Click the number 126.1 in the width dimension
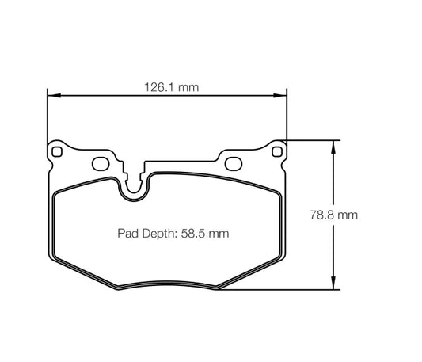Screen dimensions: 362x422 click(158, 87)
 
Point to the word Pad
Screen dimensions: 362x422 click(128, 234)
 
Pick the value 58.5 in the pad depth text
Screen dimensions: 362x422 click(195, 234)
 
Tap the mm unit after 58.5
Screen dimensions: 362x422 click(221, 234)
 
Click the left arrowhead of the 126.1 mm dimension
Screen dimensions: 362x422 click(53, 97)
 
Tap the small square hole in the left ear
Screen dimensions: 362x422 click(58, 151)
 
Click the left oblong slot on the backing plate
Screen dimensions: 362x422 click(101, 164)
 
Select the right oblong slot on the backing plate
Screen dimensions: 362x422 click(233, 164)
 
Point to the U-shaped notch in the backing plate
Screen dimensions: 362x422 click(134, 184)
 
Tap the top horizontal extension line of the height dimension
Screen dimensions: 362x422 click(313, 140)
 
